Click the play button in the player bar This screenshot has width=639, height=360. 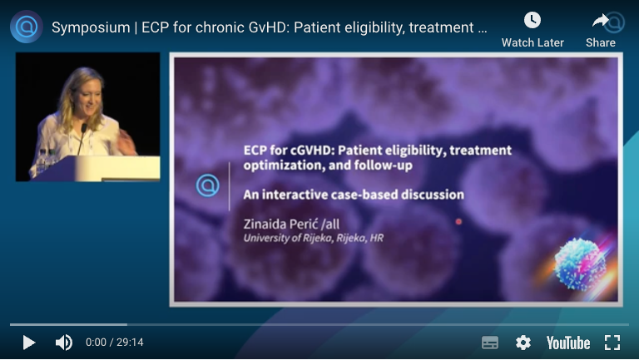coord(28,343)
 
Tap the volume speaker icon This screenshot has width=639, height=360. coord(63,343)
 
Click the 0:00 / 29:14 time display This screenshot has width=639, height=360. coord(114,343)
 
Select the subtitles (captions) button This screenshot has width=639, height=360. coord(490,343)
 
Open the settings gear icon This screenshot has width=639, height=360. coord(523,343)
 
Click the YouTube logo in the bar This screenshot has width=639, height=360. coord(568,343)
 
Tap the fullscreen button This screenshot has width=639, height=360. coord(612,343)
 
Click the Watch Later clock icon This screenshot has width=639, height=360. coord(532,21)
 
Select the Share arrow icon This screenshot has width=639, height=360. coord(601,21)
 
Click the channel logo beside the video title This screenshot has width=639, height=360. coord(27,27)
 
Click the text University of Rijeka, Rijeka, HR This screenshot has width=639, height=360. coord(313,239)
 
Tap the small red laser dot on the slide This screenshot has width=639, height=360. coord(458,222)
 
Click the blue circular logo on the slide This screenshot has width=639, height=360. coord(207,185)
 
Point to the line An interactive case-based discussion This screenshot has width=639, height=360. coord(353,195)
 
